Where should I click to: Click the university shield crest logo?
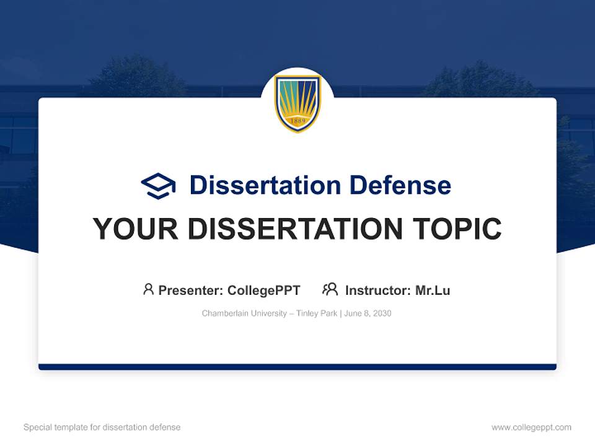click(297, 103)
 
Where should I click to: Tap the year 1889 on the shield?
click(297, 121)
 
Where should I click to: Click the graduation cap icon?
click(158, 186)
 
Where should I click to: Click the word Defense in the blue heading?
click(400, 185)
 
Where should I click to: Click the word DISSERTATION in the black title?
click(295, 229)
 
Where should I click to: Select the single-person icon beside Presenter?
click(148, 289)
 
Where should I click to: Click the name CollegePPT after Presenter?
click(264, 291)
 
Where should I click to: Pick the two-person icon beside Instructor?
click(330, 289)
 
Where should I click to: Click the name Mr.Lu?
click(433, 291)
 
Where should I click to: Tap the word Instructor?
click(378, 291)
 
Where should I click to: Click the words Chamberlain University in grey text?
click(244, 313)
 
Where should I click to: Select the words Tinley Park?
click(317, 313)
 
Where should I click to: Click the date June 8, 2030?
click(368, 313)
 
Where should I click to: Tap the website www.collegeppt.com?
click(531, 427)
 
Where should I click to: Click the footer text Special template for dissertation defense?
click(102, 427)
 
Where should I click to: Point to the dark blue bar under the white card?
click(297, 367)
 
